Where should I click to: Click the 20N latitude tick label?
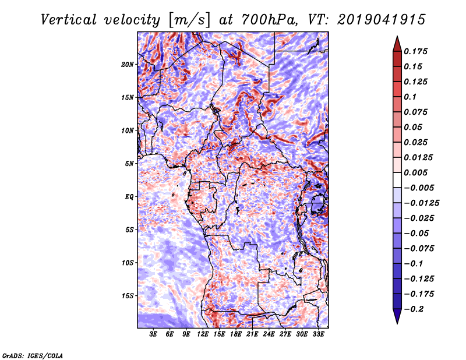(128, 64)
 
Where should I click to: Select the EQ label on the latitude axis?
(129, 196)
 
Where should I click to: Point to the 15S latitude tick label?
(128, 295)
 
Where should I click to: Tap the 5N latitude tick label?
(129, 163)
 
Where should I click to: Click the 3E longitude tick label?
(153, 334)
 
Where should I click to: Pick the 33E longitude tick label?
(318, 334)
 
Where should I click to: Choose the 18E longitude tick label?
(236, 334)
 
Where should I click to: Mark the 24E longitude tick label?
(269, 334)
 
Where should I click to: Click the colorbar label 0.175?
(416, 51)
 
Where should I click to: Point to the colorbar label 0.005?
(416, 172)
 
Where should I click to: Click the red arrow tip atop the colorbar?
(396, 41)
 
